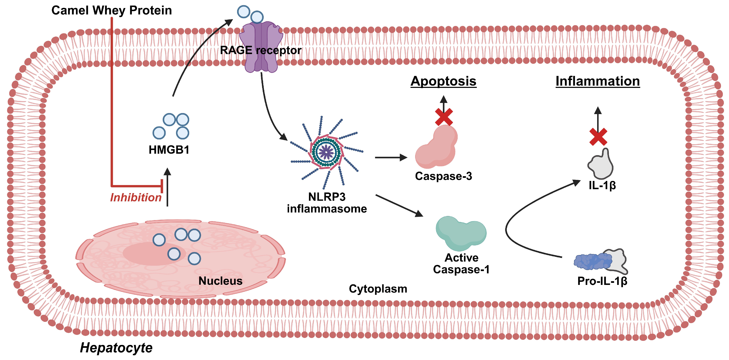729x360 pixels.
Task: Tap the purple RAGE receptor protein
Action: (x=261, y=47)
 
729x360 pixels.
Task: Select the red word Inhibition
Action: (x=136, y=198)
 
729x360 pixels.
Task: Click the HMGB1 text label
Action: (x=169, y=150)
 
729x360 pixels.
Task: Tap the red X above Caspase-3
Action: (x=444, y=117)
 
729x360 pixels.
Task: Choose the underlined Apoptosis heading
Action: (x=443, y=81)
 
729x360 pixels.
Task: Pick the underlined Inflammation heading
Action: (x=598, y=81)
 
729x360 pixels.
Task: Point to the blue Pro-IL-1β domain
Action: (x=592, y=261)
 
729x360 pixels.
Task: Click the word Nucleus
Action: (x=220, y=281)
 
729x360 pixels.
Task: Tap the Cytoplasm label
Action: (x=378, y=289)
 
